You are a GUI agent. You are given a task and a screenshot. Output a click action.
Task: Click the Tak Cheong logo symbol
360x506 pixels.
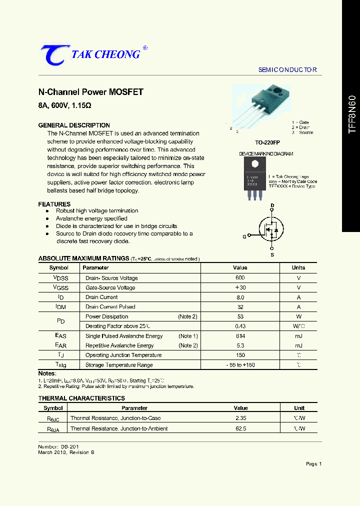[51, 54]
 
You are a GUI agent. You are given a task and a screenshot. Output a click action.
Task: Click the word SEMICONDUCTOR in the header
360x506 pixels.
[287, 70]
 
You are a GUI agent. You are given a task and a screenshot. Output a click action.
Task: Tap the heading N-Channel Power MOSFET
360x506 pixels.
[90, 92]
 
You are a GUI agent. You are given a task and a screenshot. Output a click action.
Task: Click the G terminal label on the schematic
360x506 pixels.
[244, 236]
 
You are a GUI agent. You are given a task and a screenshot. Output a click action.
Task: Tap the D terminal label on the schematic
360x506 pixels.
[272, 205]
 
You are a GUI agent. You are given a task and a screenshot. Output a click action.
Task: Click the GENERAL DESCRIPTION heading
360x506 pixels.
[74, 125]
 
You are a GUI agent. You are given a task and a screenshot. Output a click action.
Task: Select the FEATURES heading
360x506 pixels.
[54, 204]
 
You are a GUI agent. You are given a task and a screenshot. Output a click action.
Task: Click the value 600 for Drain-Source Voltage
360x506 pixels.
[240, 278]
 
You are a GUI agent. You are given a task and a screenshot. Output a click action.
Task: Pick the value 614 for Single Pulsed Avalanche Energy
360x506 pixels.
[240, 336]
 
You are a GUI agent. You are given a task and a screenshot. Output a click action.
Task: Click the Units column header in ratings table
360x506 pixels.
[298, 268]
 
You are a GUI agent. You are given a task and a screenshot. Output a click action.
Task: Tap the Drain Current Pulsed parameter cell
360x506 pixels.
[110, 307]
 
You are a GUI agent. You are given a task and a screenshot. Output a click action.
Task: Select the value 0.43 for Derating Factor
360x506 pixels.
[240, 326]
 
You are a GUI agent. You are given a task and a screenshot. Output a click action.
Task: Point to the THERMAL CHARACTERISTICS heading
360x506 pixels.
[81, 398]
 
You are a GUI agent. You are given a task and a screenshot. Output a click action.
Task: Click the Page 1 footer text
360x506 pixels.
[313, 464]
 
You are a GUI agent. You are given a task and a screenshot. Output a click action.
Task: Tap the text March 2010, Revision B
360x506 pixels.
[66, 452]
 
